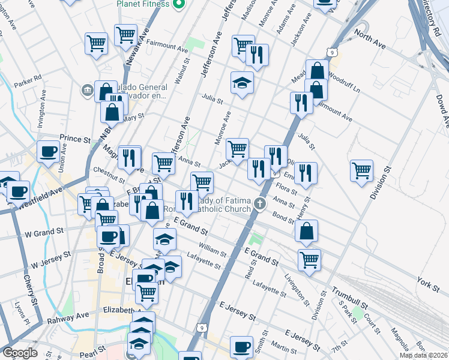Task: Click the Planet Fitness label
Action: pyautogui.click(x=142, y=4)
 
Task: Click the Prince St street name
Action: pyautogui.click(x=74, y=139)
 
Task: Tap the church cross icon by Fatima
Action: pyautogui.click(x=260, y=203)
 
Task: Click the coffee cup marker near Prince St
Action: pyautogui.click(x=48, y=152)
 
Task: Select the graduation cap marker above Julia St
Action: pyautogui.click(x=242, y=83)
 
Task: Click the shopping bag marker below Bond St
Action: pyautogui.click(x=306, y=231)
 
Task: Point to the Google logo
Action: pyautogui.click(x=20, y=353)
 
